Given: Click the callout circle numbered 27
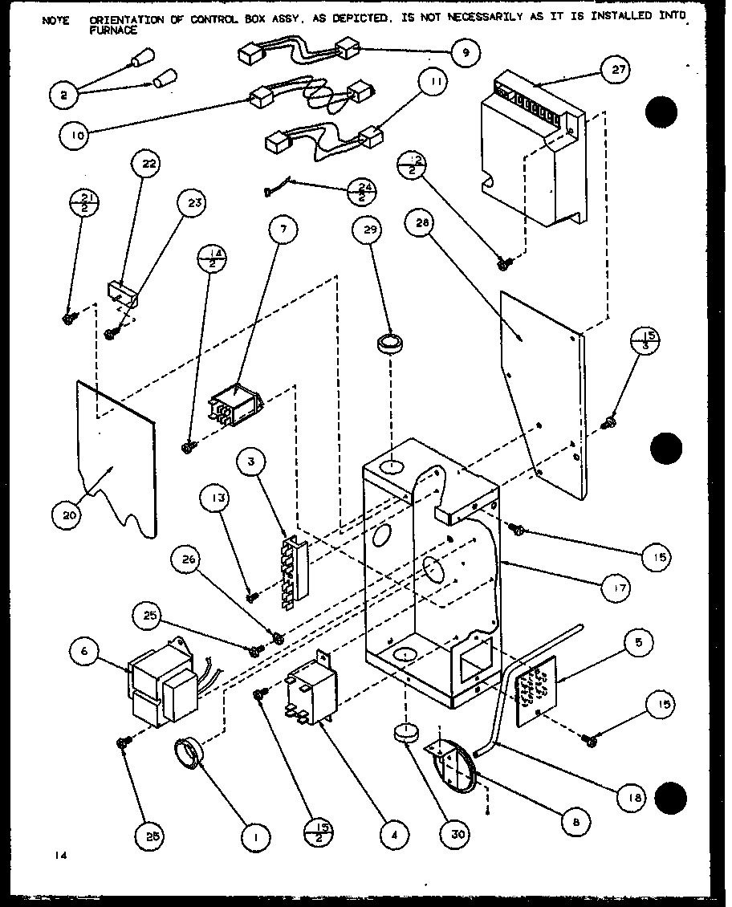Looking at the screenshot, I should coord(617,71).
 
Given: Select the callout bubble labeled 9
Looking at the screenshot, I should coord(466,53).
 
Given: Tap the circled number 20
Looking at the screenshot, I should coord(69,515).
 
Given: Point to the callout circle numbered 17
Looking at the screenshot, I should coord(616,588).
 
